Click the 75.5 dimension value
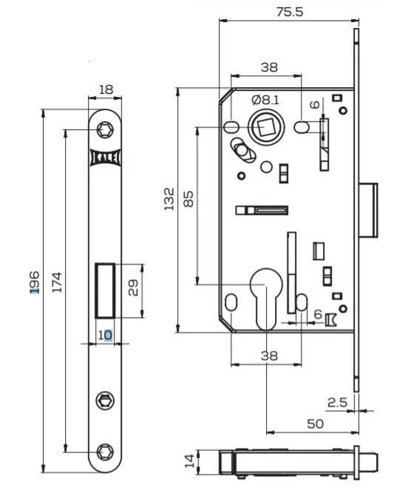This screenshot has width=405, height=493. [289, 12]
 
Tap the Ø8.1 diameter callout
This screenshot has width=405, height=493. [265, 100]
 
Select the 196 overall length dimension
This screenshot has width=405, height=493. [35, 282]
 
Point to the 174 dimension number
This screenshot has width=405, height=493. [57, 282]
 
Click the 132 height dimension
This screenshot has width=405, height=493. [169, 199]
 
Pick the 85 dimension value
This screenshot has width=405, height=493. [188, 199]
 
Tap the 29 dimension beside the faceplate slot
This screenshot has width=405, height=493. [133, 288]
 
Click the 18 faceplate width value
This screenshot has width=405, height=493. [106, 89]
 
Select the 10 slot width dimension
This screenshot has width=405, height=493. [105, 335]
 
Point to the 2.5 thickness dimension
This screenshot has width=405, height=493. [337, 402]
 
